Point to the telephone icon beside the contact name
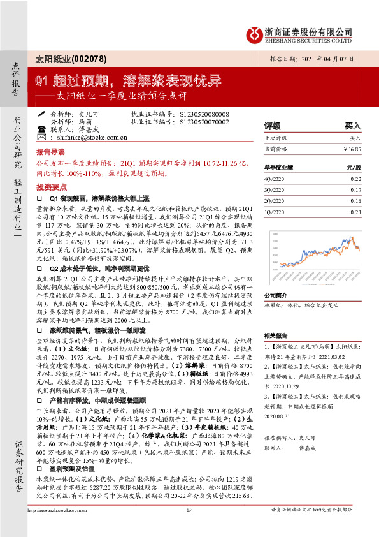pyautogui.click(x=41, y=128)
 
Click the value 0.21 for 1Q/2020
pyautogui.click(x=355, y=212)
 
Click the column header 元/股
pyautogui.click(x=353, y=167)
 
